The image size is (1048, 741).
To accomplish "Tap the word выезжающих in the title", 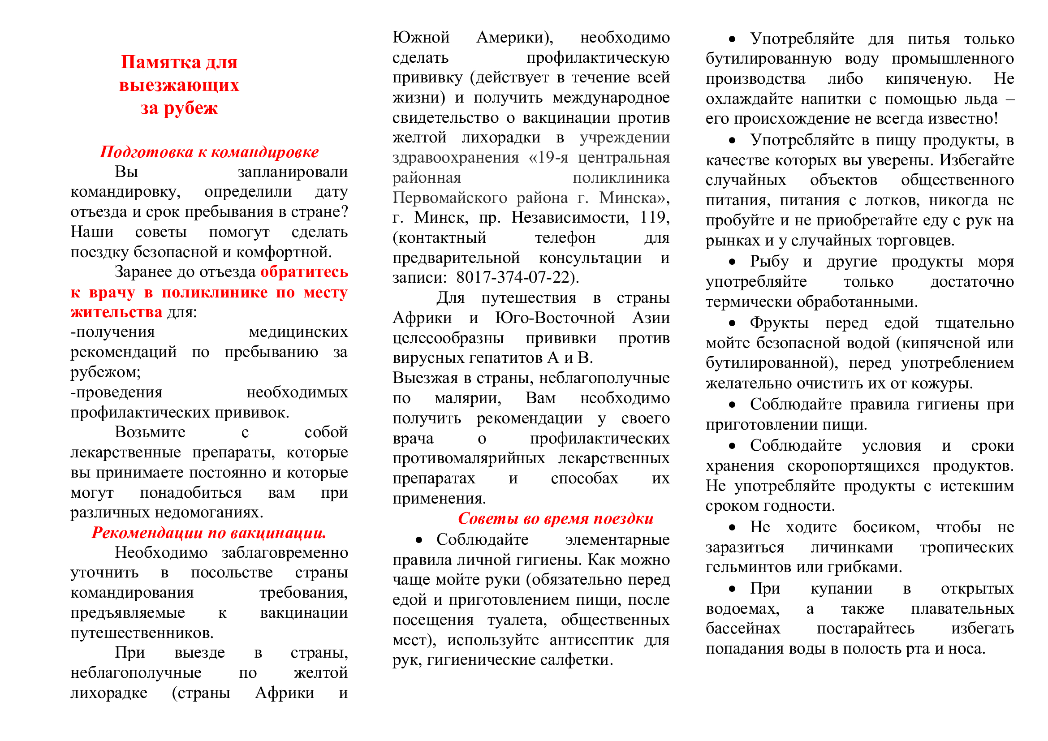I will [x=179, y=85].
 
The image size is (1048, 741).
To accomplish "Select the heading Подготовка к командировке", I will [x=209, y=152].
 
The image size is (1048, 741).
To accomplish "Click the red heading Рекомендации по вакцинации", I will [x=209, y=533].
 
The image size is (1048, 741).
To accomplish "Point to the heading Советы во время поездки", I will [x=555, y=518].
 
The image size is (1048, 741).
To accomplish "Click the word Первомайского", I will [x=449, y=198].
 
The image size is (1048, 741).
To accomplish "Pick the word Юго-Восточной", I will [x=555, y=318].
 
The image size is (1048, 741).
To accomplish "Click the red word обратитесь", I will [x=304, y=272].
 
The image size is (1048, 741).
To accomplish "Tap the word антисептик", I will [x=591, y=640].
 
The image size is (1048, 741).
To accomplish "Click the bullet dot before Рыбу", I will [x=732, y=262].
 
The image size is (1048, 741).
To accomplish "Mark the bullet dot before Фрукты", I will [x=732, y=323].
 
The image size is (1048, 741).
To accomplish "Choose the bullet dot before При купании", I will [x=732, y=589].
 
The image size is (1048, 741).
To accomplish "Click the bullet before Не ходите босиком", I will [x=732, y=528].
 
